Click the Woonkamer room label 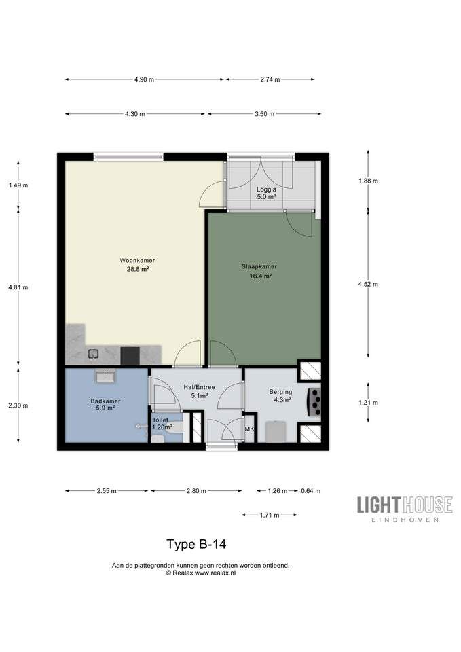[x=137, y=261]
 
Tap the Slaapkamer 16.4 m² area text [x=261, y=276]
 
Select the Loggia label [x=266, y=189]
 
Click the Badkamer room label [x=106, y=401]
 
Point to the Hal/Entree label [x=200, y=387]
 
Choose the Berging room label [x=280, y=392]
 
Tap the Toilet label [x=160, y=420]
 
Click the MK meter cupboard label [x=249, y=429]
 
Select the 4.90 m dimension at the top [x=144, y=79]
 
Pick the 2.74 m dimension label [x=270, y=79]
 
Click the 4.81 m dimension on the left [x=18, y=287]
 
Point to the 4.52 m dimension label [x=368, y=285]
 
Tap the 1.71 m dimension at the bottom [x=270, y=515]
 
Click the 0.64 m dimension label [x=310, y=491]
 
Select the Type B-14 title [x=196, y=544]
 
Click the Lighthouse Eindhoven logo [x=405, y=509]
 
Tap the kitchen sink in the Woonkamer [x=93, y=354]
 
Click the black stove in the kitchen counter [x=130, y=357]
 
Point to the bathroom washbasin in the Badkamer [x=106, y=377]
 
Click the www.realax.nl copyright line [x=201, y=573]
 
